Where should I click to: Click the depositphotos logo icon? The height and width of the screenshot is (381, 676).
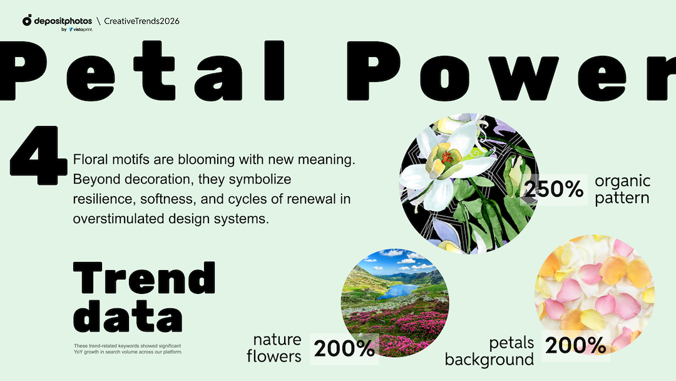click(x=27, y=20)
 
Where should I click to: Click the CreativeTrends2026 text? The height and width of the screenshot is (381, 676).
click(x=141, y=21)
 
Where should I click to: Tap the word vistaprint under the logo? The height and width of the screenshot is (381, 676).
click(x=83, y=29)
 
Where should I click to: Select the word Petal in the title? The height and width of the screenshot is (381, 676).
click(x=142, y=70)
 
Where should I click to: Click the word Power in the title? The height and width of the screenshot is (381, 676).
click(x=511, y=71)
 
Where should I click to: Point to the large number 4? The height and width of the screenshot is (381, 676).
click(x=39, y=155)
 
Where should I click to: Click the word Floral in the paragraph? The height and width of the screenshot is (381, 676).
click(x=90, y=159)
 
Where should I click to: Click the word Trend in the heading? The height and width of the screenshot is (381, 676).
click(x=145, y=278)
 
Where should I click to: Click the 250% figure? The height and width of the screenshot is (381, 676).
click(x=554, y=189)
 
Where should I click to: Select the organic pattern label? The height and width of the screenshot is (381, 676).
click(x=622, y=189)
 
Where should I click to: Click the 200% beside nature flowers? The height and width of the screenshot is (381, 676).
click(x=344, y=348)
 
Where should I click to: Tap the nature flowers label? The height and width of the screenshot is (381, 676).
click(x=274, y=348)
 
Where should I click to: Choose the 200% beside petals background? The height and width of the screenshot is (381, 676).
click(x=576, y=345)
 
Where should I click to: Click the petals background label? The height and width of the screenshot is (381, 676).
click(x=489, y=351)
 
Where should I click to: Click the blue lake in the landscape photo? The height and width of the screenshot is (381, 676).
click(x=398, y=291)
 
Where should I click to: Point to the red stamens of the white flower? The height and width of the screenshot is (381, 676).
click(x=447, y=157)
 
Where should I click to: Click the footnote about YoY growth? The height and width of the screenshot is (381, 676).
click(x=128, y=348)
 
